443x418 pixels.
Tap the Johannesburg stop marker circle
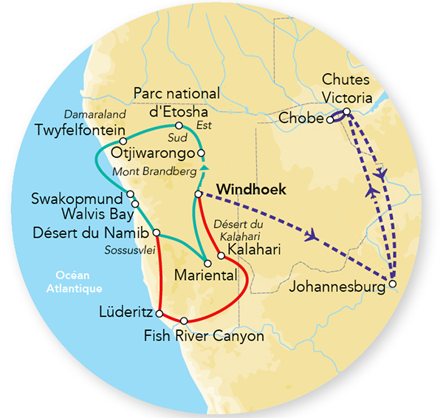(393, 284)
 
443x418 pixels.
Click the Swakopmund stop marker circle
(130, 195)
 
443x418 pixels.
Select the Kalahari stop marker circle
(221, 256)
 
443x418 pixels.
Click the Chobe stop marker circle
(330, 119)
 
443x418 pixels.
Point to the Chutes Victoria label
(351, 87)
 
